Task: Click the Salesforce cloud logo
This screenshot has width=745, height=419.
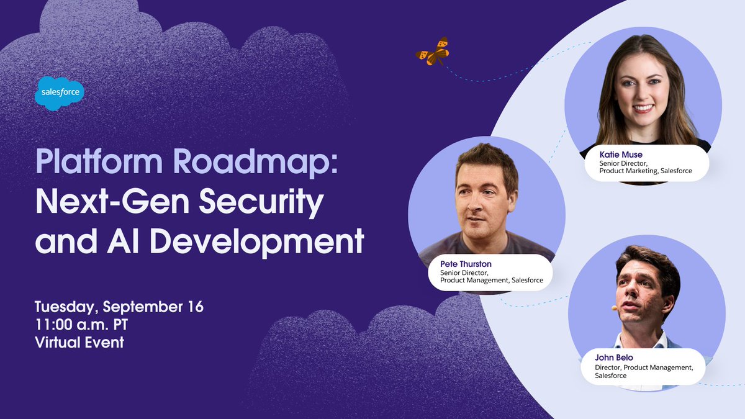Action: coord(60,92)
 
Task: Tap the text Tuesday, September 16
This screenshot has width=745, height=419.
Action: coord(119,307)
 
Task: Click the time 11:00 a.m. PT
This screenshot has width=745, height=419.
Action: coord(86,324)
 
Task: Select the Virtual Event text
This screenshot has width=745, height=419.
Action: coord(79,341)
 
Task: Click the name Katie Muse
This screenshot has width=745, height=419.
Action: coord(620,154)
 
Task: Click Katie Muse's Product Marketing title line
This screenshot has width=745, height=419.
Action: coord(646,171)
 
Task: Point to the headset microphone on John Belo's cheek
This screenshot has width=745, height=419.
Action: coord(614,308)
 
